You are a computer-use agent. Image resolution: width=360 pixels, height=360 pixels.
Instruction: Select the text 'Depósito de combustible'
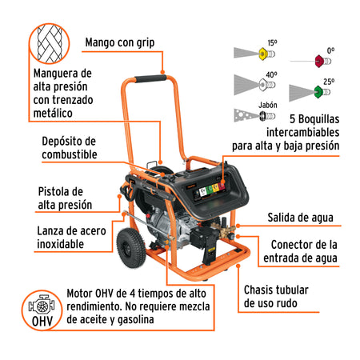point(70,146)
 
